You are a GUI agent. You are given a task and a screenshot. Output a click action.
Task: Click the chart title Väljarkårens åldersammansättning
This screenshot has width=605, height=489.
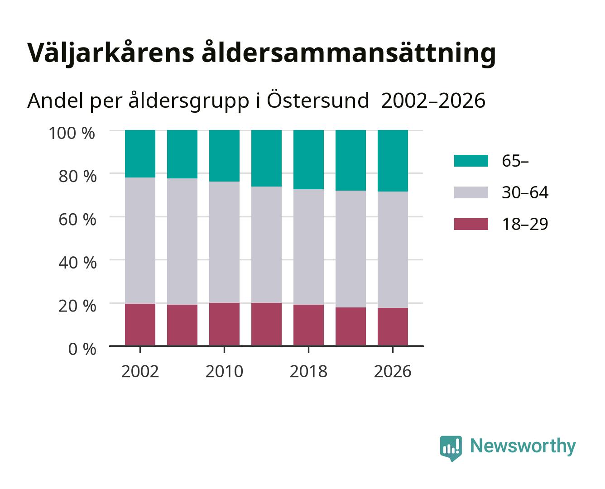pos(261,53)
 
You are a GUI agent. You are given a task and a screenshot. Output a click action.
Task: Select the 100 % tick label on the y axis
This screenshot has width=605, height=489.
pos(72,133)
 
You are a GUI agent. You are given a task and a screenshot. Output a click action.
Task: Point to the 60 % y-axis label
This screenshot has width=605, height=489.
pos(77,219)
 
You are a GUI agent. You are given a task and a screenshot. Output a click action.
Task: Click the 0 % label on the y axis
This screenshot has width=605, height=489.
pos(82,349)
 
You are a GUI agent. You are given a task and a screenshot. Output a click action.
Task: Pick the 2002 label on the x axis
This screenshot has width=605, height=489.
pos(140,371)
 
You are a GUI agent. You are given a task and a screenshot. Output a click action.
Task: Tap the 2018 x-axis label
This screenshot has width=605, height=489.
pos(308,371)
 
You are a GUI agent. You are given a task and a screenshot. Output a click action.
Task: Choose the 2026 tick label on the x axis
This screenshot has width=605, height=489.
pos(393,371)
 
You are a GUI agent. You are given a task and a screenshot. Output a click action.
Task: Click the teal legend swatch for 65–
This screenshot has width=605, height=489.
pos(471,160)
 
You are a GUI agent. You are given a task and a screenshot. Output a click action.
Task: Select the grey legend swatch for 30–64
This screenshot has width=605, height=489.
pos(471,192)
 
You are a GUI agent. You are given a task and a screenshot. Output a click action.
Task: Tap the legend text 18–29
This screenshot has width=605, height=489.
pos(525,224)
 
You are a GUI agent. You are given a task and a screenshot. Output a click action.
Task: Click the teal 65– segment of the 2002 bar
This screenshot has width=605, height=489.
pos(140,153)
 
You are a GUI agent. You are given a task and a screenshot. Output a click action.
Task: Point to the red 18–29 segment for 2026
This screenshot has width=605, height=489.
pos(393,326)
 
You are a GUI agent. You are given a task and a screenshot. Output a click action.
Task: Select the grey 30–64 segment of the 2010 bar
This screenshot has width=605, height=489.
pos(224,242)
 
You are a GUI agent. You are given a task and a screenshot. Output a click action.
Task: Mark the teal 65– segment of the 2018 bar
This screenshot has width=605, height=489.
pos(308,159)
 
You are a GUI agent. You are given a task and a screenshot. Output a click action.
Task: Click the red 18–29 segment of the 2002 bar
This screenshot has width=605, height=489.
pos(140,325)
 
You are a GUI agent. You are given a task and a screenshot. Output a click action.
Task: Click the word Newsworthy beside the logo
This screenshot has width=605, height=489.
pos(523,446)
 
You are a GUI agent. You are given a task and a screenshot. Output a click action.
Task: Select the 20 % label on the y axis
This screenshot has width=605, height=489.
pos(77,306)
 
